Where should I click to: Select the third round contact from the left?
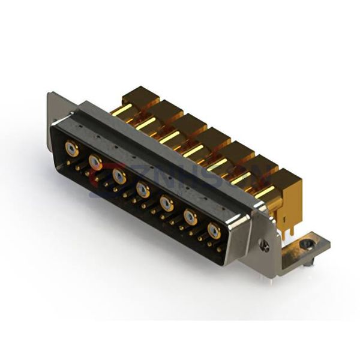pyautogui.click(x=119, y=175)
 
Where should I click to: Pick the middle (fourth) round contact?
pyautogui.click(x=143, y=189)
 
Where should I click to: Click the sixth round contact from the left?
pyautogui.click(x=190, y=216)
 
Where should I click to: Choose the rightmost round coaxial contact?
pyautogui.click(x=213, y=230)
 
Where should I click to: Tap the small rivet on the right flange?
pyautogui.click(x=263, y=245)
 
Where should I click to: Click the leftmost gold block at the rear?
pyautogui.click(x=137, y=100)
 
